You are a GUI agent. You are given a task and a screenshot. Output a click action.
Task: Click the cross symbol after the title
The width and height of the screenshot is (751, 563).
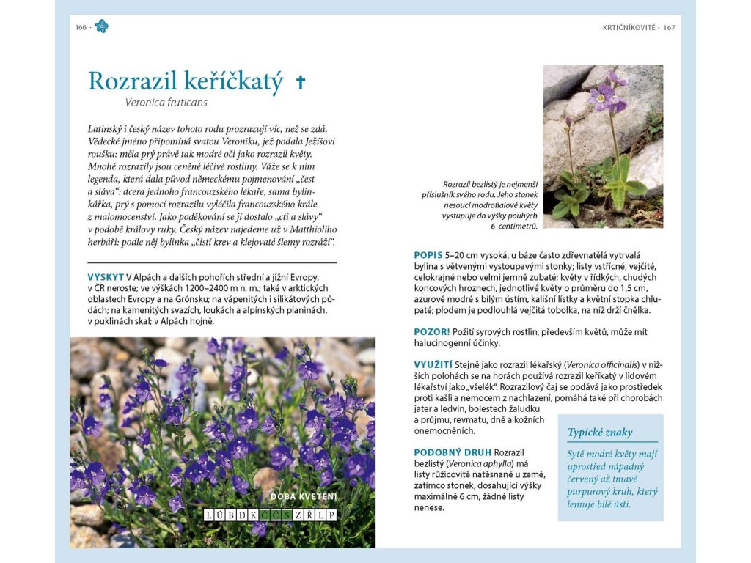[x=300, y=81]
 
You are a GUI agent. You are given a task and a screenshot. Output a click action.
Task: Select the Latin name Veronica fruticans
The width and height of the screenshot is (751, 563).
[x=166, y=103]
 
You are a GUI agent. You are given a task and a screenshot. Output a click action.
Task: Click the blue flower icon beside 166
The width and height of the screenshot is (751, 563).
[x=101, y=27]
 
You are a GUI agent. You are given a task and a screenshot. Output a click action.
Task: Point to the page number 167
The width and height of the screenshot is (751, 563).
[x=668, y=28]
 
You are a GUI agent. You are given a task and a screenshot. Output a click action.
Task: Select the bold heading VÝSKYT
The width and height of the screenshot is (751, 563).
[x=106, y=277]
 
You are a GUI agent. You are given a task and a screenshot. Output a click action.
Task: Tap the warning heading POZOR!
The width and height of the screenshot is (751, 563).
[x=432, y=332]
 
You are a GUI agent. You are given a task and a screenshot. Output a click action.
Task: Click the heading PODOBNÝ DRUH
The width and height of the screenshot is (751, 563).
[x=453, y=452]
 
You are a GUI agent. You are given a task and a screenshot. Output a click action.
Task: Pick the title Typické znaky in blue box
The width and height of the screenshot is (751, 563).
[x=600, y=433]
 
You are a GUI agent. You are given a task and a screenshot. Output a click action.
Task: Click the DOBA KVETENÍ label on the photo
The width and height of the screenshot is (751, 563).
[x=304, y=497]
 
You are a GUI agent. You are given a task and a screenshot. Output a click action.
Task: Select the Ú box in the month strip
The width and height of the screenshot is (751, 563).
[x=219, y=515]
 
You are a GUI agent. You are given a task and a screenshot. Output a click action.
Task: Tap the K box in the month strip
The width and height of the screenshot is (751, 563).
[x=253, y=515]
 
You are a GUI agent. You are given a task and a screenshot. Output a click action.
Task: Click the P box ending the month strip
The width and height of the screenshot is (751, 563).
[x=331, y=515]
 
